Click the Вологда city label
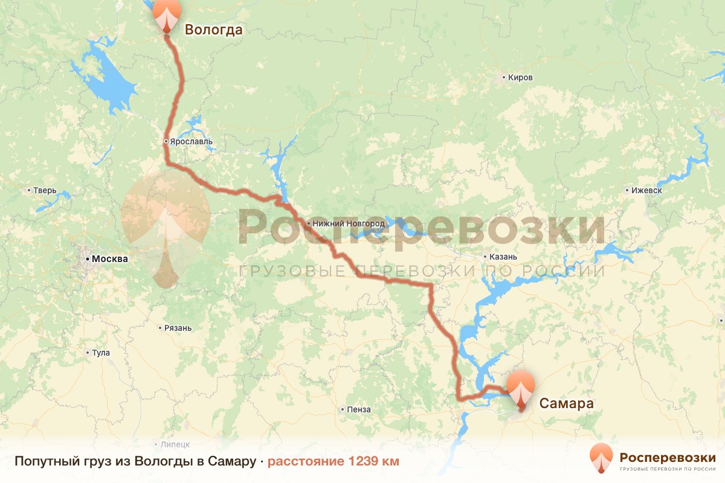coord(213,30)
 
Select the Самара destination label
coord(566,403)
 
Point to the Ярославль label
coord(191,142)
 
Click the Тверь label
coord(45,191)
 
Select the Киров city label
coord(520,78)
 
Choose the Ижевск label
coord(646,190)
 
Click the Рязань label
coord(178,328)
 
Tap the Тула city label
coord(101,353)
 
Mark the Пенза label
coord(359,410)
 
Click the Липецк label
coord(175,444)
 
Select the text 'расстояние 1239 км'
coord(333,462)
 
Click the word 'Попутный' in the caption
coord(41,462)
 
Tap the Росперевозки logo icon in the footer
coord(601,458)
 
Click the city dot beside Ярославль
coord(166,142)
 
